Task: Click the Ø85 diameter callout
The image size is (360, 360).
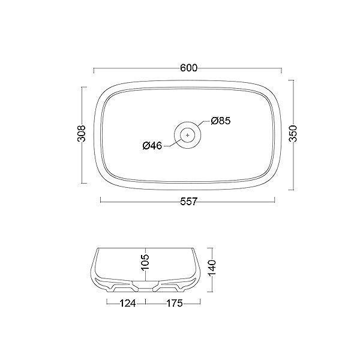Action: (x=221, y=121)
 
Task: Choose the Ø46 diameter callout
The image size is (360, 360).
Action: (x=153, y=146)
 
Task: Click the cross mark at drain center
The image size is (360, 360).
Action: (x=188, y=136)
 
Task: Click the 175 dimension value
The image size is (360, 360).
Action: (x=175, y=304)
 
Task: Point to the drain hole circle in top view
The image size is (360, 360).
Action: (x=188, y=136)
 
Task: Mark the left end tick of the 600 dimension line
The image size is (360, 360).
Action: (x=93, y=67)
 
